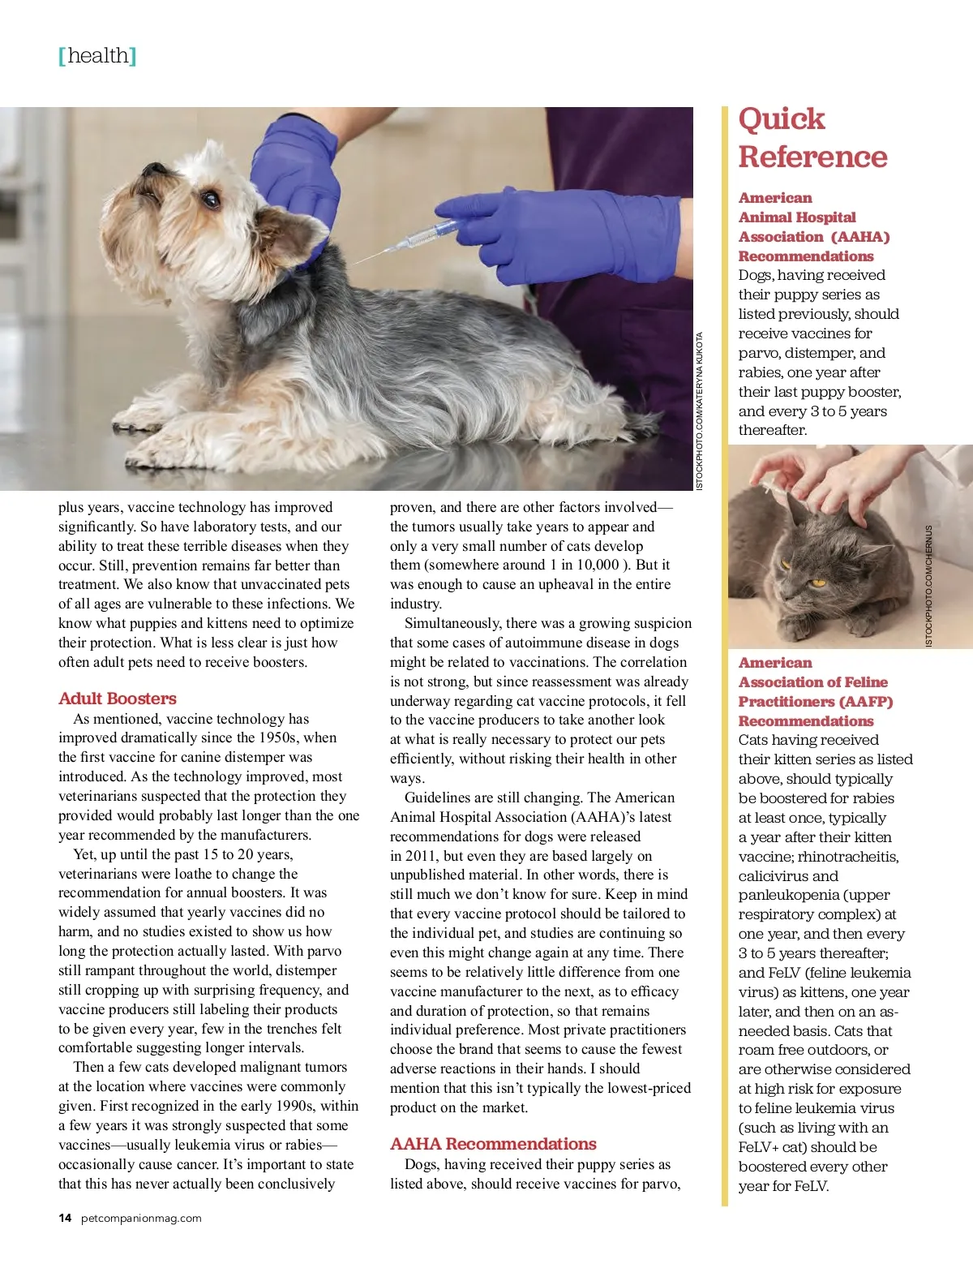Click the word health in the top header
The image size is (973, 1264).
tap(98, 56)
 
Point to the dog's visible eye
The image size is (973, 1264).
tap(210, 198)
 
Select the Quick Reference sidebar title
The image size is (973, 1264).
tap(812, 138)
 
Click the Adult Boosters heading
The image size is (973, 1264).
tap(117, 699)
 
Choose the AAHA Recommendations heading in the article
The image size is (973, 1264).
tap(493, 1144)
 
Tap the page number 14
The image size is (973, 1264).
tap(65, 1218)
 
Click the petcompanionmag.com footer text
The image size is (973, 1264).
tap(141, 1218)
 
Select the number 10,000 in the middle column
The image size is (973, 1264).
tap(598, 565)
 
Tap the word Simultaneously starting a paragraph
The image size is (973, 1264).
tap(452, 623)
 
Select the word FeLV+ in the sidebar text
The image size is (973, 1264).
tap(761, 1147)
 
